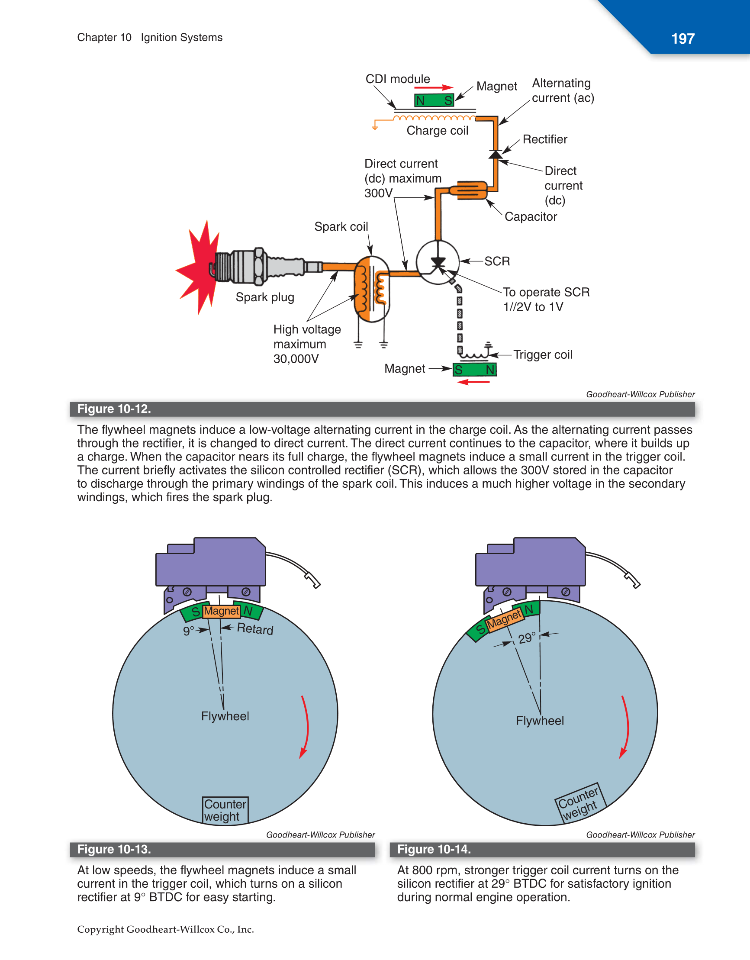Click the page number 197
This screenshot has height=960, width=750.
click(682, 39)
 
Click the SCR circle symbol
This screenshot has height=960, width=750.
click(438, 262)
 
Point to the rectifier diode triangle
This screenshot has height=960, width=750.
click(496, 154)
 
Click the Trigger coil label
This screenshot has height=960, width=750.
click(543, 355)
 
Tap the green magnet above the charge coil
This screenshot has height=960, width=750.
click(434, 100)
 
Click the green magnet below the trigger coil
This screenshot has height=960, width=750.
click(474, 370)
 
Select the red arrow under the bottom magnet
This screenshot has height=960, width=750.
click(473, 382)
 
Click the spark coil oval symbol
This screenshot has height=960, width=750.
click(372, 290)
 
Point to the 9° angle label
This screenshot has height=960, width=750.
click(188, 631)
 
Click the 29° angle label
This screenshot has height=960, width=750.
click(527, 638)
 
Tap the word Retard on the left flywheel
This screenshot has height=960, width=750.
click(255, 629)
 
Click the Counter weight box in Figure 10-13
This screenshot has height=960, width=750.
click(225, 810)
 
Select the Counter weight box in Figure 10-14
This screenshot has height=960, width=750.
click(579, 803)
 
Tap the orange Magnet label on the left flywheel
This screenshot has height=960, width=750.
click(221, 611)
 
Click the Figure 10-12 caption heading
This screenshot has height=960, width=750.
click(114, 409)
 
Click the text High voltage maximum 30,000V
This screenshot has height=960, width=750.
click(306, 344)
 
